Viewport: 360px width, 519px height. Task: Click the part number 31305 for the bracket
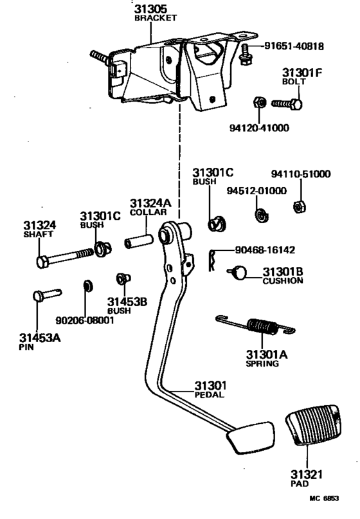tap(150, 8)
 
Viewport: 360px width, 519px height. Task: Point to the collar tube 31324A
tap(139, 241)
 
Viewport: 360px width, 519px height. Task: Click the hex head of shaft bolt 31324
tap(42, 262)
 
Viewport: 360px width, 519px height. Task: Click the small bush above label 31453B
tap(123, 278)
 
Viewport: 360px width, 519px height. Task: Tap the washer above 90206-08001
tap(87, 286)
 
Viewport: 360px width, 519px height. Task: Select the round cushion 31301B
tap(239, 272)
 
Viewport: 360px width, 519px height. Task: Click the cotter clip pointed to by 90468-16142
tap(212, 260)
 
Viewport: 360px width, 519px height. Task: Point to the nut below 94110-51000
tap(300, 207)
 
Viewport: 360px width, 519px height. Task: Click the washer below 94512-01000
tap(262, 215)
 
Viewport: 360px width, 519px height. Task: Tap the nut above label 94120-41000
tap(260, 102)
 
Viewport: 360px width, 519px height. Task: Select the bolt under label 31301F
tap(287, 104)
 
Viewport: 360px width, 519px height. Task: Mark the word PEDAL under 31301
tap(209, 394)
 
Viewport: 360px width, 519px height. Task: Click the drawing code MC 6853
tap(324, 498)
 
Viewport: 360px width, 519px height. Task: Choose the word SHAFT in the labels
tap(38, 234)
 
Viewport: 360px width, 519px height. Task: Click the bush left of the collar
tap(103, 249)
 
